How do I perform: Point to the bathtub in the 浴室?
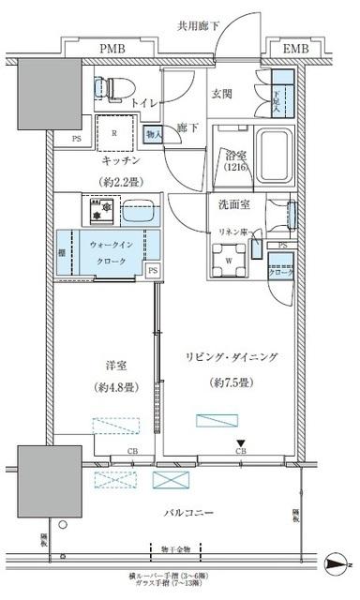(274, 151)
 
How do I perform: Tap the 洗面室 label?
(229, 203)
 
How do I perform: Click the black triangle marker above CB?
(240, 443)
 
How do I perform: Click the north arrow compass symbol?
(337, 563)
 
